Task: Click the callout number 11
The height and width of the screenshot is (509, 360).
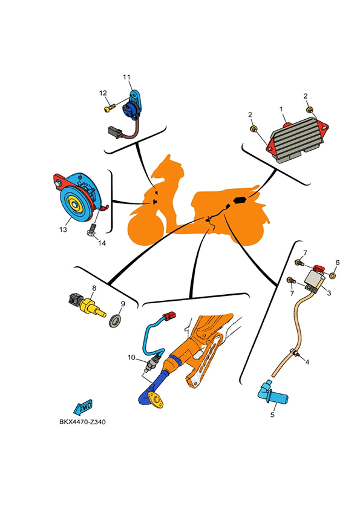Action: click(126, 77)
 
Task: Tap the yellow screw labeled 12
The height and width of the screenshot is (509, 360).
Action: click(110, 108)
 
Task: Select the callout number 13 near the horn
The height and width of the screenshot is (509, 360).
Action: click(63, 229)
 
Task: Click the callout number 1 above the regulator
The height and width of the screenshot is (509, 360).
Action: click(281, 109)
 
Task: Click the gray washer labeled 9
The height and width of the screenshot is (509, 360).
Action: click(116, 321)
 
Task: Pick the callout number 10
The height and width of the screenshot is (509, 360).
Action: click(131, 358)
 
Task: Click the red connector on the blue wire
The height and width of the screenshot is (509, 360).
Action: click(169, 315)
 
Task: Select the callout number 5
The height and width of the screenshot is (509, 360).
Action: click(272, 415)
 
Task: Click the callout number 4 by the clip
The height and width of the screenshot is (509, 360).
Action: click(307, 361)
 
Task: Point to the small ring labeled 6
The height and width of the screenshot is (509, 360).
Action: click(333, 275)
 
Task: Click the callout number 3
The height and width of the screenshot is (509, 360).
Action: click(329, 293)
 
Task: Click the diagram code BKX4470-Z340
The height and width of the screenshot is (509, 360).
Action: click(82, 422)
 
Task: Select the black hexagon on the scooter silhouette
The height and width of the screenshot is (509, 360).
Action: click(240, 200)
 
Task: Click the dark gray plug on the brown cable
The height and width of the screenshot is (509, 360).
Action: click(115, 132)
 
